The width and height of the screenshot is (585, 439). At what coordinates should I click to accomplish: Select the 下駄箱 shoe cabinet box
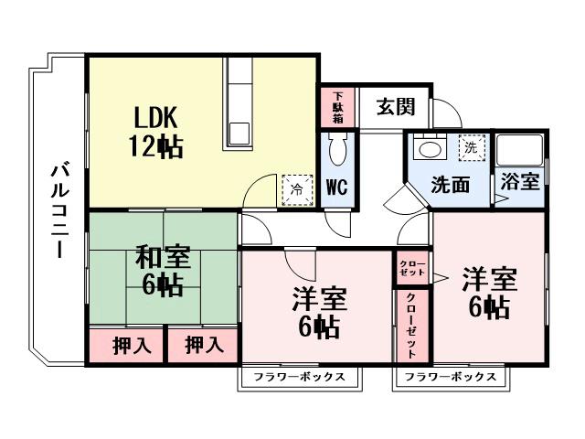coord(337,108)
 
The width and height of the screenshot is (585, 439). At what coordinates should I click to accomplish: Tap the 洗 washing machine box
coord(470,146)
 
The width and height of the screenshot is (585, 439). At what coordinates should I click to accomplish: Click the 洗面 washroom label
coord(451,184)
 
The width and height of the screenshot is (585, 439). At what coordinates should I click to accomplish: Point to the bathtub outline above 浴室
coord(519,150)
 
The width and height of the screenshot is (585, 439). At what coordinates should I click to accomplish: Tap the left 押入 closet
coord(126,346)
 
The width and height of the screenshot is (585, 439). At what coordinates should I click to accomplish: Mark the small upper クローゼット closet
coord(409,268)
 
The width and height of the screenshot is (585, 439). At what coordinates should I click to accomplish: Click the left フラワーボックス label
coord(300,377)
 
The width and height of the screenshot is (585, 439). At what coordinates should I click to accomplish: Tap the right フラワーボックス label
coord(452,377)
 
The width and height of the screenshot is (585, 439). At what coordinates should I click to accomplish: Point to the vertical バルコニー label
coord(58,209)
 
